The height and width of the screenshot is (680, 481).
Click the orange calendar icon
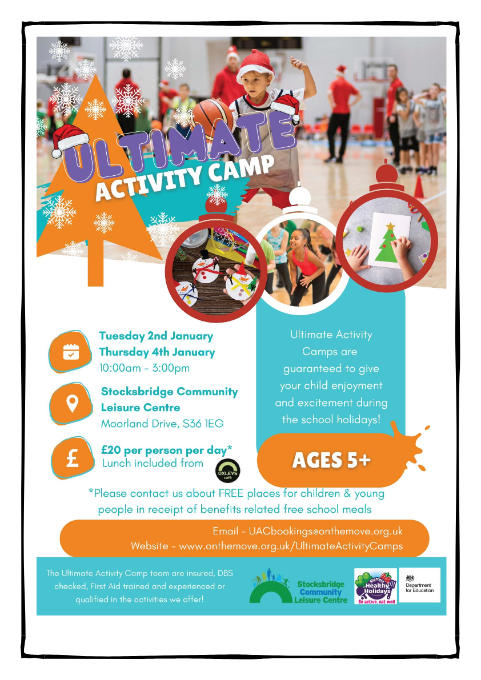[x=71, y=352]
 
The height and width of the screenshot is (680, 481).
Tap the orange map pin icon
[x=71, y=404]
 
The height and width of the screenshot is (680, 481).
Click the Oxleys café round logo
[x=228, y=472]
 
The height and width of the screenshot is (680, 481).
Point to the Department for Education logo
[x=419, y=585]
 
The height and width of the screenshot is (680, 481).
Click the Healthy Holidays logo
[x=376, y=586]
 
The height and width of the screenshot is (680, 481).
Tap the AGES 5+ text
[x=331, y=460]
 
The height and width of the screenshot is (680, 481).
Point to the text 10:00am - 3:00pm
[x=145, y=368]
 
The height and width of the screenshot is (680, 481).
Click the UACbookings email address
[x=326, y=531]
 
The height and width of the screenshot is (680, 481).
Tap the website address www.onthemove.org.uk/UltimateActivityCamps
[x=291, y=546]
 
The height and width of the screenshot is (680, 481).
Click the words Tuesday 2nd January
[x=156, y=336]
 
